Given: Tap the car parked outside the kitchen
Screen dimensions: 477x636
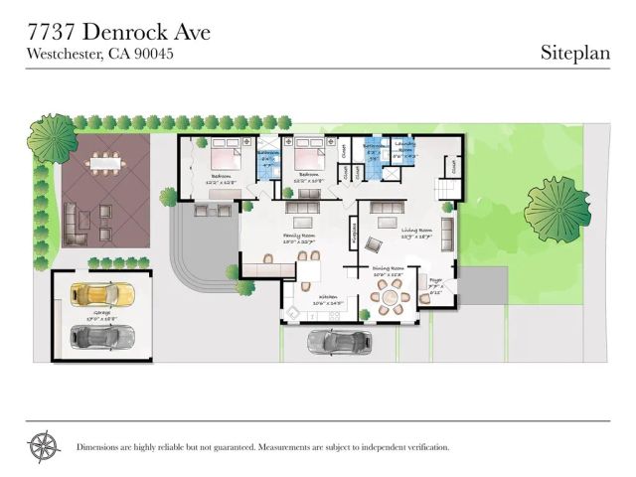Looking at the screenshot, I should click(339, 342).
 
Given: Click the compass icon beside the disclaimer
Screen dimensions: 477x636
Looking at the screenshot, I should click(44, 446).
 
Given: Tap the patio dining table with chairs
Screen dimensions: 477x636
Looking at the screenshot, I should click(102, 161).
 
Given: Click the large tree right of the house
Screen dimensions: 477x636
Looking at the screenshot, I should click(556, 208).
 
